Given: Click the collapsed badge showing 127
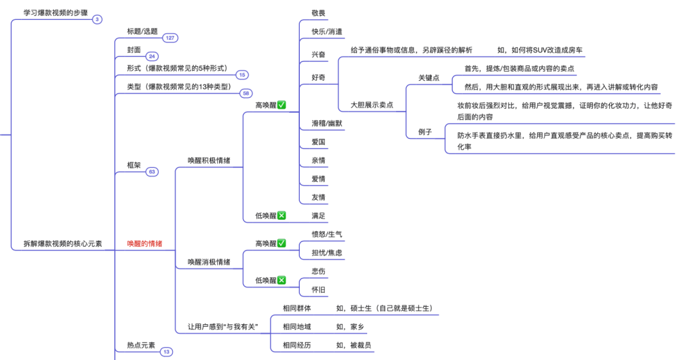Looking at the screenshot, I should (x=170, y=38).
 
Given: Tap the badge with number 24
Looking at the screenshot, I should (x=152, y=56).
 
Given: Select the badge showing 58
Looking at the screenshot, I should (x=246, y=94).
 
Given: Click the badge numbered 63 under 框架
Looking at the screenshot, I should (x=152, y=172).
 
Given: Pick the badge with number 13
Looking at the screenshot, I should (x=167, y=352).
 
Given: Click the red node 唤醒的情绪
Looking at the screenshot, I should (x=144, y=243).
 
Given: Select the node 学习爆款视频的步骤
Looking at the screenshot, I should (x=56, y=12).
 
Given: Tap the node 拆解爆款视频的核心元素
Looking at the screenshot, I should (x=63, y=243).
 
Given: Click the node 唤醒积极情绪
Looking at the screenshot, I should (x=209, y=160).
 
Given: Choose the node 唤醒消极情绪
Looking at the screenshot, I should (x=209, y=261).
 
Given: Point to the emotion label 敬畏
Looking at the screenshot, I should (x=318, y=13).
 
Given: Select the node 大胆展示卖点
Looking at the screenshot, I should (x=372, y=104).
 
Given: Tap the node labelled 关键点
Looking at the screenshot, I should (x=429, y=78).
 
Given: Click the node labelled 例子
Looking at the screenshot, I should (x=425, y=132).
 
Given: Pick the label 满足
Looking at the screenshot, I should (x=318, y=215).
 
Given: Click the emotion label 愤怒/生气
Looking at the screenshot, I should (x=327, y=234).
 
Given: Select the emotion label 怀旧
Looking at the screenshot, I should (x=318, y=290).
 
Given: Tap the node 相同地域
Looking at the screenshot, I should (x=297, y=327).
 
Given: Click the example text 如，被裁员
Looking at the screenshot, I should (x=354, y=345).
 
